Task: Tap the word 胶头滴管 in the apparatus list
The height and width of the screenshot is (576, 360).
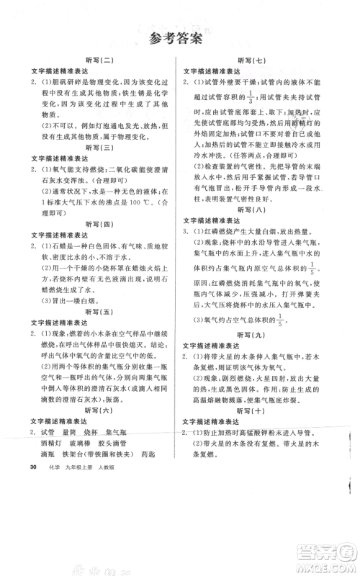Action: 120,443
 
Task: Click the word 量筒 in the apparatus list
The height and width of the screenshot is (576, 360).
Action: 70,431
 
